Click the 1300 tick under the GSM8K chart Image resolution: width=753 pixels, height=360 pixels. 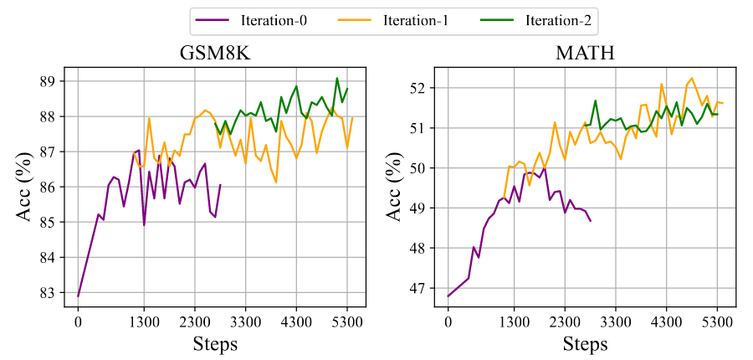coord(144,320)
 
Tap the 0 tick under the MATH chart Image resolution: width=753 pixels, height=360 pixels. coord(448,320)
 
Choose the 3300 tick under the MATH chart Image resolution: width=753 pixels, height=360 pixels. coord(615,320)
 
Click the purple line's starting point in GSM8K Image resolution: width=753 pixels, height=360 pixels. coord(78,296)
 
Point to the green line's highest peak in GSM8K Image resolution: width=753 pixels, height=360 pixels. coord(337,79)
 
